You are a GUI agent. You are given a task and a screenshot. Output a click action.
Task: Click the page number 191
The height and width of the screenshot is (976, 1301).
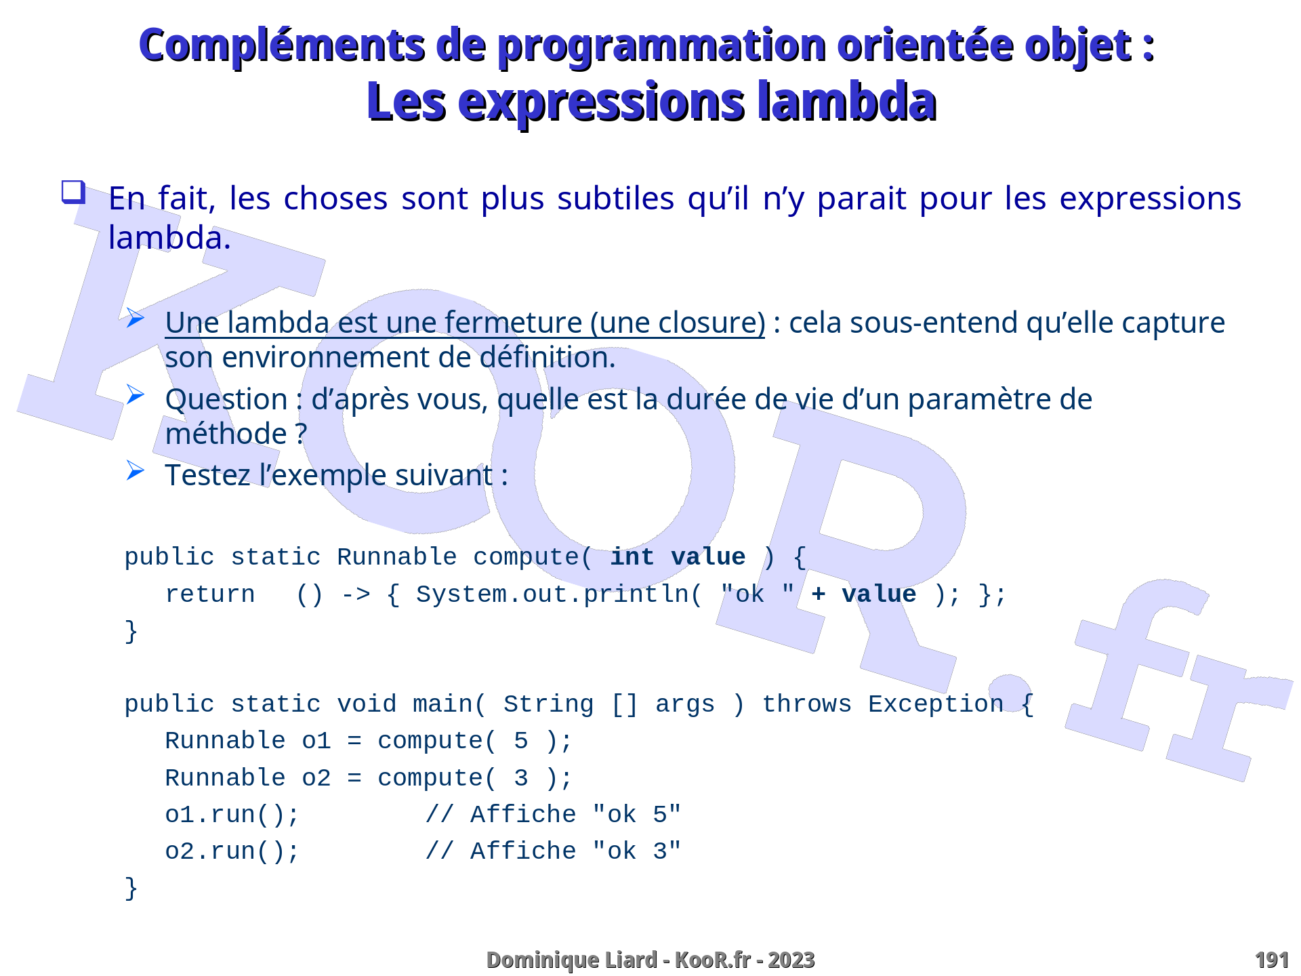(1271, 960)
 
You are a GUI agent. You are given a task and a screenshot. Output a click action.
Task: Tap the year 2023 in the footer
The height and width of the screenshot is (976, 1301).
(791, 960)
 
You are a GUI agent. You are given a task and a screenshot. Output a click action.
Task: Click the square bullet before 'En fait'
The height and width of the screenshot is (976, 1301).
(73, 192)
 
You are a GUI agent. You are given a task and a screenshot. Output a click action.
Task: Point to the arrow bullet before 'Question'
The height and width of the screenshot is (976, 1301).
(136, 394)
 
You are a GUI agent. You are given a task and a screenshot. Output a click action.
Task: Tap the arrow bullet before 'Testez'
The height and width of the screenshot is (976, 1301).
(136, 470)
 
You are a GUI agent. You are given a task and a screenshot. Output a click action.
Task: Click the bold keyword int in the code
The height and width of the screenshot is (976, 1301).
(632, 557)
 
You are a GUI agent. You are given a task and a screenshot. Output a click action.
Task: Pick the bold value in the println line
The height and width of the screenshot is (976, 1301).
(879, 594)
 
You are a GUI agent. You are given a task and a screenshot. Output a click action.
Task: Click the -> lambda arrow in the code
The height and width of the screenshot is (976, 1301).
(356, 594)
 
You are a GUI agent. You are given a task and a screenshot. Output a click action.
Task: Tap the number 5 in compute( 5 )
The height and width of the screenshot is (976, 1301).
(520, 741)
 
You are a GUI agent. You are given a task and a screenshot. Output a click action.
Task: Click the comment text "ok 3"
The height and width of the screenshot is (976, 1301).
(636, 851)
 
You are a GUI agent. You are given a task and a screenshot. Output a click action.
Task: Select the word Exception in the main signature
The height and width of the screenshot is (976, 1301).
(936, 704)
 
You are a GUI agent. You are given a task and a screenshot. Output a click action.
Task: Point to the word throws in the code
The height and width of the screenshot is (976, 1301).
(806, 704)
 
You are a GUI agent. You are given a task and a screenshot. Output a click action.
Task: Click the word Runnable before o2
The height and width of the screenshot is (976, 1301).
(225, 778)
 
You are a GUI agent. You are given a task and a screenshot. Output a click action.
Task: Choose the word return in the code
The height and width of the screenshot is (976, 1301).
(210, 594)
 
